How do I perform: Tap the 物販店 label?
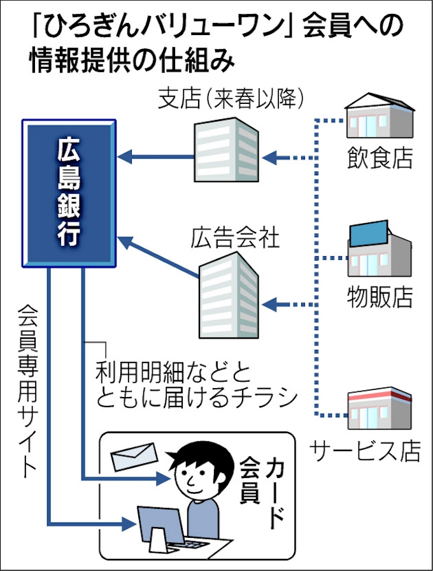380,296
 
